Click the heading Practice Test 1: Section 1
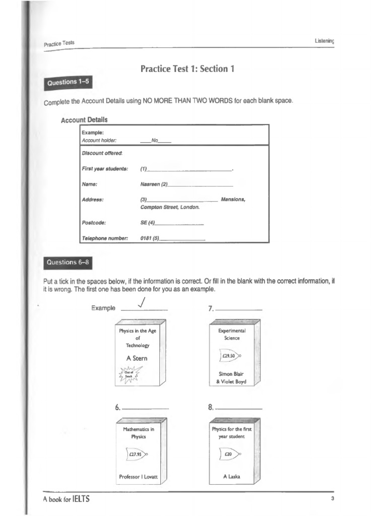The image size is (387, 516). tap(188, 69)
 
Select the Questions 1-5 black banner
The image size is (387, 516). tap(68, 82)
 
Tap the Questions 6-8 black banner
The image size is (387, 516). tap(68, 262)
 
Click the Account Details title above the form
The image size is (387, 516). tap(84, 120)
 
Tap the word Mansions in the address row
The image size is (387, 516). tap(233, 200)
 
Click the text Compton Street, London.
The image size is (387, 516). tap(170, 207)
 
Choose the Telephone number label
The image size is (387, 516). tap(105, 238)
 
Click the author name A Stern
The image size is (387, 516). tap(137, 358)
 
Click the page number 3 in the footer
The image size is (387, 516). tap(333, 498)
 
